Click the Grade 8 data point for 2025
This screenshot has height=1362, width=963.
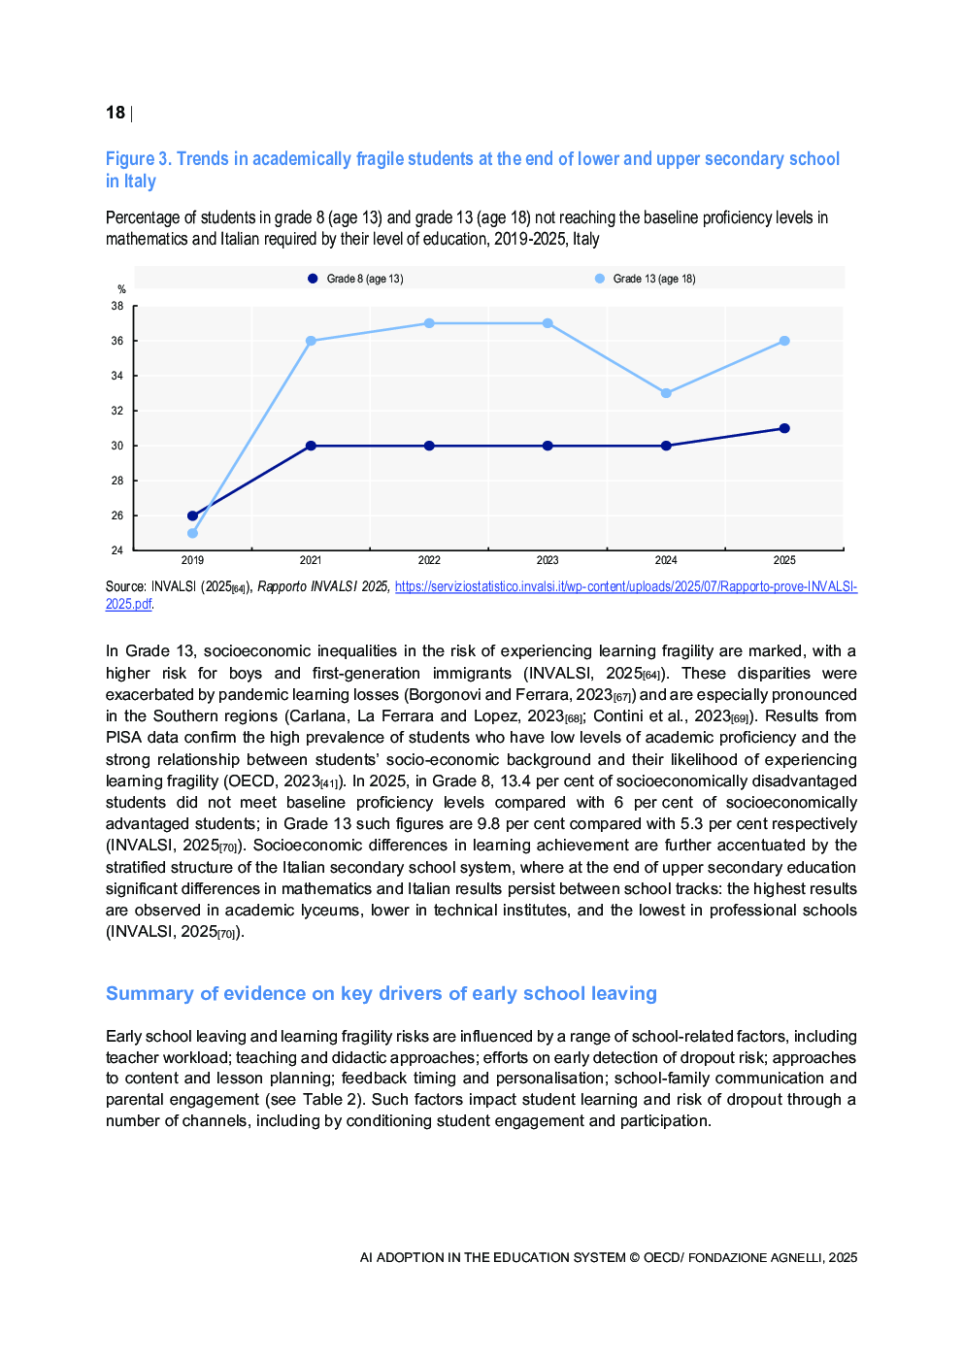[x=784, y=428]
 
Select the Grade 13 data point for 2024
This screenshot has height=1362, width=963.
[x=666, y=393]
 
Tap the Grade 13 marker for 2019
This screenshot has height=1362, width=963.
[x=192, y=533]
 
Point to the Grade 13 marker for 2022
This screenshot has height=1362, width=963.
[x=429, y=323]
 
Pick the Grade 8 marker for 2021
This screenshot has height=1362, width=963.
[x=311, y=446]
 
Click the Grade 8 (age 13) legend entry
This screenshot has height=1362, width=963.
[x=355, y=279]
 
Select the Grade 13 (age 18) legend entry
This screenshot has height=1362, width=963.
[x=646, y=279]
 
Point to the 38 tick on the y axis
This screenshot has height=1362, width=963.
[x=117, y=306]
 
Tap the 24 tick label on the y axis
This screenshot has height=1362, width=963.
[x=117, y=550]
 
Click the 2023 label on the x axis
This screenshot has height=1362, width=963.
[x=548, y=560]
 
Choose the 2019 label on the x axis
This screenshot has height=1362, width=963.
[x=192, y=560]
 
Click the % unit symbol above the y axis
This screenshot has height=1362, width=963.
[x=121, y=289]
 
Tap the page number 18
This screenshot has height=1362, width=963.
[x=116, y=113]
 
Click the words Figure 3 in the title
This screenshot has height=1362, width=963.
[x=138, y=159]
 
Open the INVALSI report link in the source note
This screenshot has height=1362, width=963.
[x=625, y=586]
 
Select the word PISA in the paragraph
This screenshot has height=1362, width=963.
[x=123, y=738]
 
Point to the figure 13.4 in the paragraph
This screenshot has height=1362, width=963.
[x=515, y=781]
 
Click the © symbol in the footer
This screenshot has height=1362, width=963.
[x=634, y=1257]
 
